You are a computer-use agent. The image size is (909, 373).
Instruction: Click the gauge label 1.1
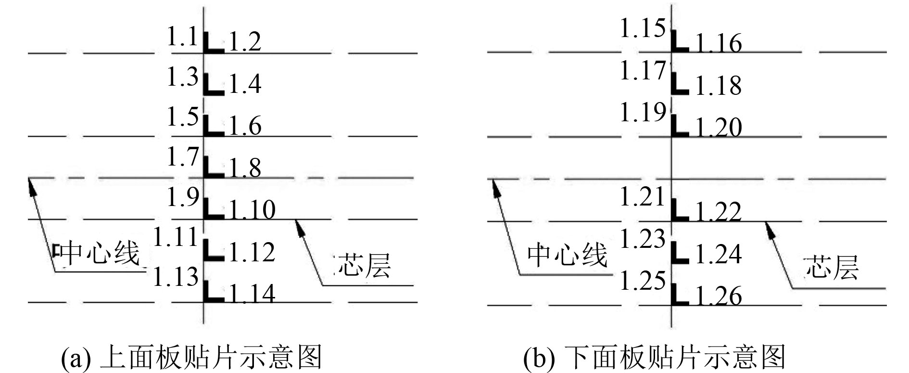coord(182,37)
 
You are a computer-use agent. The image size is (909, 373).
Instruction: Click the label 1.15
coord(642,28)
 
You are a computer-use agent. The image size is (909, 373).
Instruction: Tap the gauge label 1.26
coord(719,296)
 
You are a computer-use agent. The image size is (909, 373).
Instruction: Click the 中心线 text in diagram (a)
coord(100,253)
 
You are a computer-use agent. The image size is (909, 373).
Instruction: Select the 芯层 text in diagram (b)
coord(832,267)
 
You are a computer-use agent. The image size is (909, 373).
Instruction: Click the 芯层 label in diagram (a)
coord(364,265)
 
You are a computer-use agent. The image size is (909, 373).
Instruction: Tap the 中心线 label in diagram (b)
coord(568,254)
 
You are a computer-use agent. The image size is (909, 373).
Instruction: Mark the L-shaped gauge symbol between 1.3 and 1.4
coord(212,85)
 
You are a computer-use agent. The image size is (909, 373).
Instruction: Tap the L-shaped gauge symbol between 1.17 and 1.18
coord(679,84)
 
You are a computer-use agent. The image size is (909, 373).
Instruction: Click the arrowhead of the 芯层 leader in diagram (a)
coord(300,227)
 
